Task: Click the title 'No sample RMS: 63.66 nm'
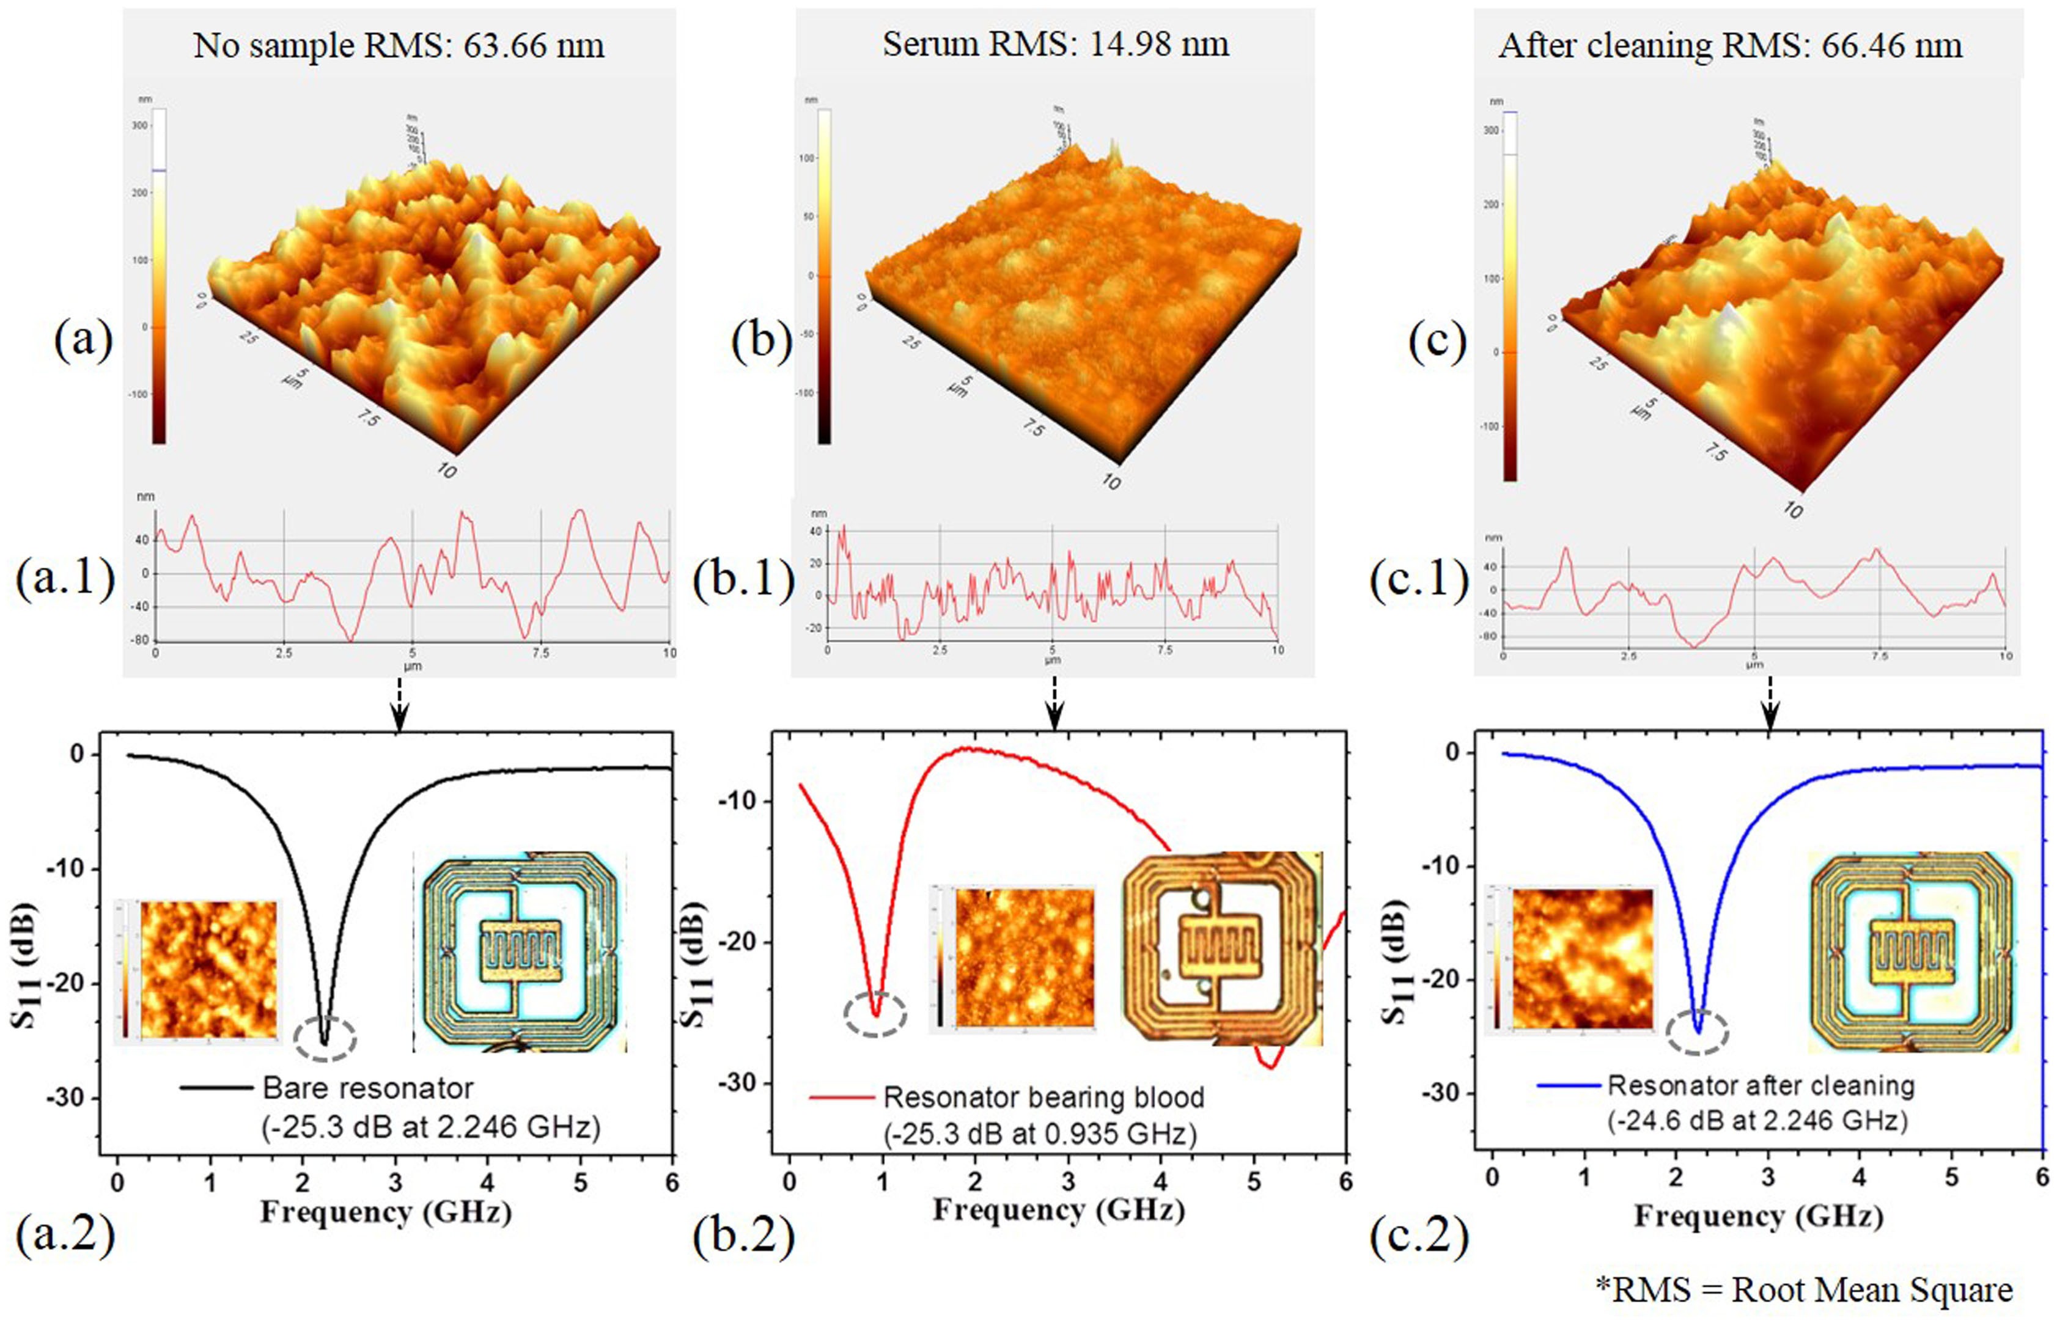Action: pyautogui.click(x=399, y=45)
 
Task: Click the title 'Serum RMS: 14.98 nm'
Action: pyautogui.click(x=1055, y=43)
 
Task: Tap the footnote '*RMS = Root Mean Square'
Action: pyautogui.click(x=1805, y=1289)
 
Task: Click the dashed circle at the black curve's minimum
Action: pyautogui.click(x=325, y=1039)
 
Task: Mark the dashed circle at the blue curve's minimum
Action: pyautogui.click(x=1697, y=1032)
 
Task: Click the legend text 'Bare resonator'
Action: pyautogui.click(x=368, y=1088)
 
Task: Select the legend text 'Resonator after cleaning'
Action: pyautogui.click(x=1761, y=1086)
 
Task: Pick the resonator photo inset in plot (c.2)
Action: pyautogui.click(x=1913, y=952)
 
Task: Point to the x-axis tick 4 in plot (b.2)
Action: pyautogui.click(x=1161, y=1182)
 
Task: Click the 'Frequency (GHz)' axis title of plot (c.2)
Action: pyautogui.click(x=1758, y=1217)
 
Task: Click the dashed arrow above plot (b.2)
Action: pyautogui.click(x=1055, y=703)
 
